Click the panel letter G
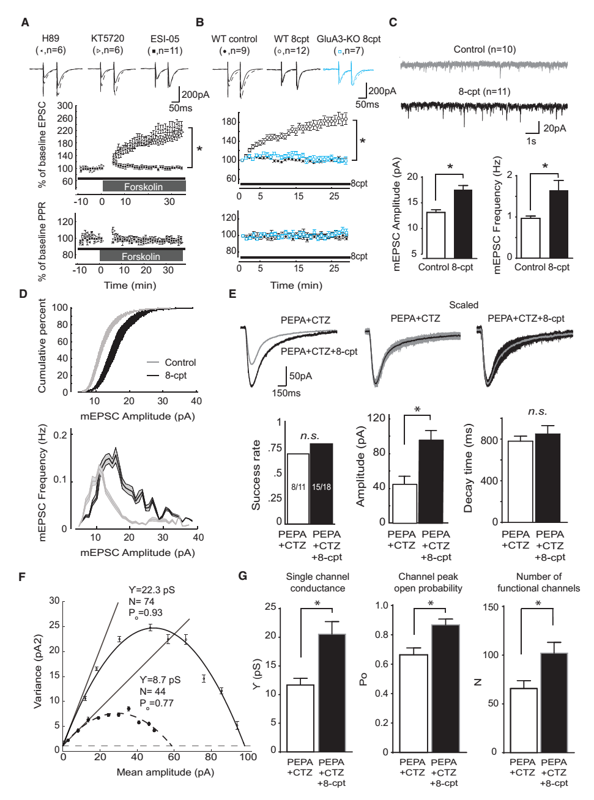pos(242,576)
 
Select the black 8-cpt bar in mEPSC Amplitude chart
pos(462,224)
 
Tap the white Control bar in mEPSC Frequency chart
pos(529,237)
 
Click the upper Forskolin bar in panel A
pos(144,187)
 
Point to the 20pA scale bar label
pos(554,128)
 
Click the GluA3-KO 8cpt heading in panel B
pos(348,39)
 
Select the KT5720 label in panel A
pos(108,39)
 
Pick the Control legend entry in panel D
pos(180,363)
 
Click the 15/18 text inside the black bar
pos(321,487)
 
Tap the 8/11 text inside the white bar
pos(298,487)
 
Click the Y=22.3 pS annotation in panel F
pos(151,590)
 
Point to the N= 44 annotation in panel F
pos(153,692)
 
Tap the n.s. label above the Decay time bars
pos(537,412)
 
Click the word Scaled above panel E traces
pos(464,305)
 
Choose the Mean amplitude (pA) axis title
pos(165,772)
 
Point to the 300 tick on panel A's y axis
pos(65,106)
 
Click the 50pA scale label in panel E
pos(300,376)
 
